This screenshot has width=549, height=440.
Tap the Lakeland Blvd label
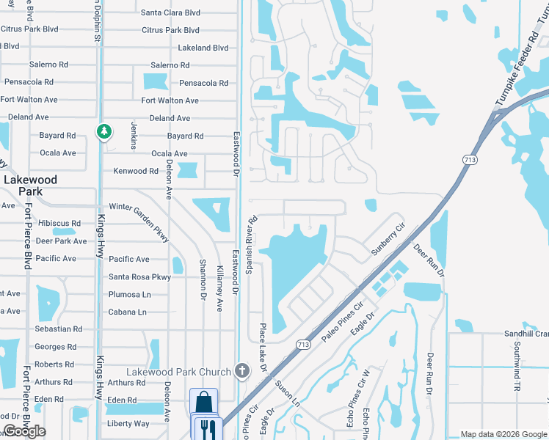pos(203,48)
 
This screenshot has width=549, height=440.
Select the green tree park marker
pos(104,131)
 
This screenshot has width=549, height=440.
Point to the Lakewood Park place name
pos(30,185)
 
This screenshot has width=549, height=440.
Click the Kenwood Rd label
pos(136,171)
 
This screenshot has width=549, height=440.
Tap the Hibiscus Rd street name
pos(59,223)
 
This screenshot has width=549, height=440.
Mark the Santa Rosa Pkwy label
pos(139,276)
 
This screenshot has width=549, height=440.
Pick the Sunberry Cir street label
pos(388,239)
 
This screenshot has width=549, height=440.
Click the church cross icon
pos(242,370)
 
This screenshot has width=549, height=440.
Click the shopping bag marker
pos(203,402)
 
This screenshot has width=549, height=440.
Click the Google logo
pos(23,431)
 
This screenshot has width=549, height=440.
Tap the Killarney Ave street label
pos(219,285)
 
